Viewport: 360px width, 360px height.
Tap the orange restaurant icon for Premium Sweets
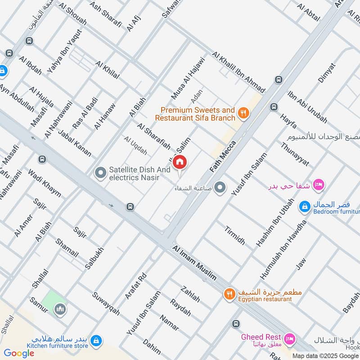[x=243, y=113]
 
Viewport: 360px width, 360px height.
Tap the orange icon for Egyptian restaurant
[x=229, y=294]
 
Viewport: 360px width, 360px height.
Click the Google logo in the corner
[x=19, y=353]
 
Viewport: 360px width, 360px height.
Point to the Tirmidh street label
[x=235, y=235]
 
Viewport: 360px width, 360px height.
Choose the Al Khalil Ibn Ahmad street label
[x=239, y=72]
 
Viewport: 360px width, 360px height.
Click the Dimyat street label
[x=326, y=72]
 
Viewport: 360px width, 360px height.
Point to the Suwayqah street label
[x=106, y=304]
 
